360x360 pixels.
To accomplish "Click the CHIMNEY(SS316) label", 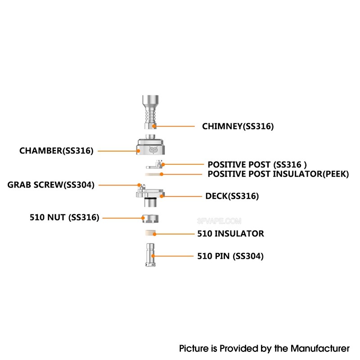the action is (x=238, y=126).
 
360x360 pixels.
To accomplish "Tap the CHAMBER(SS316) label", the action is (x=57, y=151).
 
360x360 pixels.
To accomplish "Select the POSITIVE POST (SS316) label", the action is (x=257, y=165).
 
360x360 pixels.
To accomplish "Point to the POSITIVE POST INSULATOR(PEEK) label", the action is (x=278, y=174).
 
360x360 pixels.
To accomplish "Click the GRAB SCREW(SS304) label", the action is (x=51, y=185).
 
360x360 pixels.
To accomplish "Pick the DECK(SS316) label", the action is (x=232, y=196).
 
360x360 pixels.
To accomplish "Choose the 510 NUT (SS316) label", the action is (x=64, y=217).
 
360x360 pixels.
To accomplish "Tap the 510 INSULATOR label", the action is (x=231, y=234).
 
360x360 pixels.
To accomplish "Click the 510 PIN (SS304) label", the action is (x=230, y=256).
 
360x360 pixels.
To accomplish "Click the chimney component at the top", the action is (x=150, y=112).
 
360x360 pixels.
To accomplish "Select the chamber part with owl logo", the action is (x=151, y=144).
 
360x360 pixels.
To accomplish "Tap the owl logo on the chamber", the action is (x=153, y=150).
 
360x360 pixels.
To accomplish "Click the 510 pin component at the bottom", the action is (x=150, y=255).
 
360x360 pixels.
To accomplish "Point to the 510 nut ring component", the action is (x=150, y=219).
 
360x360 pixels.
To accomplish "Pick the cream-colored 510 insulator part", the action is (x=150, y=233).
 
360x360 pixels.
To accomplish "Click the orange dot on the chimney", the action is (x=154, y=126).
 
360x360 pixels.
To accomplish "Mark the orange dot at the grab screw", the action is (x=139, y=185).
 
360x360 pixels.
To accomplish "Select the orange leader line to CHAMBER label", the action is (x=117, y=151).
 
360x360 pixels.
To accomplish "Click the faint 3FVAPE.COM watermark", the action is (x=219, y=221).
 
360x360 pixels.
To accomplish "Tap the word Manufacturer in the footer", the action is (x=320, y=348).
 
